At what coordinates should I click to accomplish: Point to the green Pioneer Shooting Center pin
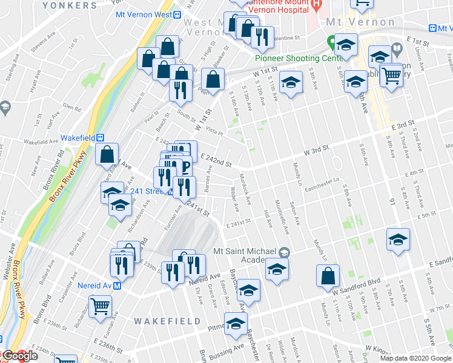point(331,42)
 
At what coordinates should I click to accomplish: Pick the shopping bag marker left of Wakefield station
point(107,154)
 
